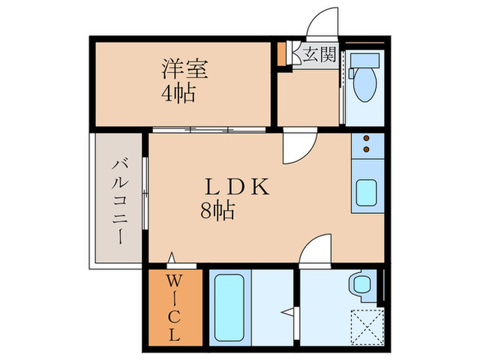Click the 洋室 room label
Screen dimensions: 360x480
[184, 69]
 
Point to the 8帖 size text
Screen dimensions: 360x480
[217, 211]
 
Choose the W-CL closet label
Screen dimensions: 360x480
[173, 308]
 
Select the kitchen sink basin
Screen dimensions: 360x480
[365, 192]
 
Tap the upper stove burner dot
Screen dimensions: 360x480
[365, 138]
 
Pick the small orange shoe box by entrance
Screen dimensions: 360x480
[281, 54]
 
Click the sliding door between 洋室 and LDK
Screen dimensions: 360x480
[209, 129]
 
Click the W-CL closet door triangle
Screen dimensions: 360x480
[173, 259]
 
